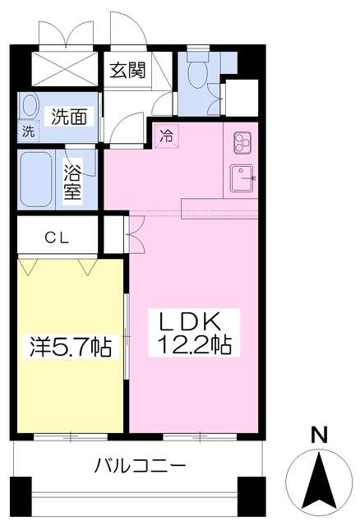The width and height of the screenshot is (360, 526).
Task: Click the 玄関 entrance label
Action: (129, 70)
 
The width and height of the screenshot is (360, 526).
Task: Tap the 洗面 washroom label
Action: (70, 117)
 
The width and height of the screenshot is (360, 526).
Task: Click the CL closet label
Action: (57, 238)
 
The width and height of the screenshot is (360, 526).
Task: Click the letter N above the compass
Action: (317, 434)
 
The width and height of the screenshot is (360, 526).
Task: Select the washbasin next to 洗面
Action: (30, 106)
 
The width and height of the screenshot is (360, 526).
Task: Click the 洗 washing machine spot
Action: (28, 131)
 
